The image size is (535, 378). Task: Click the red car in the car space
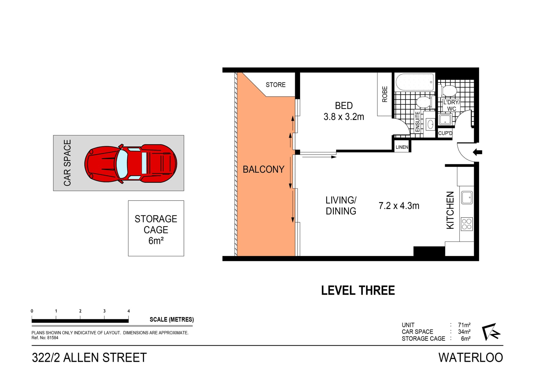click(x=131, y=164)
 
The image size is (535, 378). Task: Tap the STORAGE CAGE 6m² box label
click(x=156, y=230)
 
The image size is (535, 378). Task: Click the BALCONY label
click(x=263, y=169)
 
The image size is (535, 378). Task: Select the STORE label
click(x=275, y=85)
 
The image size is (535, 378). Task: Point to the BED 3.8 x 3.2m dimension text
click(x=344, y=117)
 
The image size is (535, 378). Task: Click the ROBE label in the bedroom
click(x=385, y=94)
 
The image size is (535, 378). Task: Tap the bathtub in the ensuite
click(x=415, y=82)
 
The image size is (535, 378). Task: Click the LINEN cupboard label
click(x=402, y=147)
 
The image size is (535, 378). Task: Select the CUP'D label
click(x=445, y=133)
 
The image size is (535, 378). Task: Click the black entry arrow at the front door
click(x=478, y=152)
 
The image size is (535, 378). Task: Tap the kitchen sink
click(x=467, y=197)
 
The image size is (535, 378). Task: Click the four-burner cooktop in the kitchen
click(x=466, y=224)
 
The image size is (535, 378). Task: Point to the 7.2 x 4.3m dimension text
click(x=399, y=206)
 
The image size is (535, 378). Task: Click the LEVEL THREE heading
click(x=358, y=291)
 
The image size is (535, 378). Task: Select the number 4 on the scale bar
click(x=128, y=311)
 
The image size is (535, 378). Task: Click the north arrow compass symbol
click(x=491, y=332)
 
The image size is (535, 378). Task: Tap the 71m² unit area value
click(x=464, y=325)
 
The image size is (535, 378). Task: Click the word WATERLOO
click(x=471, y=358)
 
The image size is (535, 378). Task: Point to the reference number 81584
click(x=53, y=338)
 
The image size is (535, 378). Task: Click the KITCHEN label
click(x=450, y=210)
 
